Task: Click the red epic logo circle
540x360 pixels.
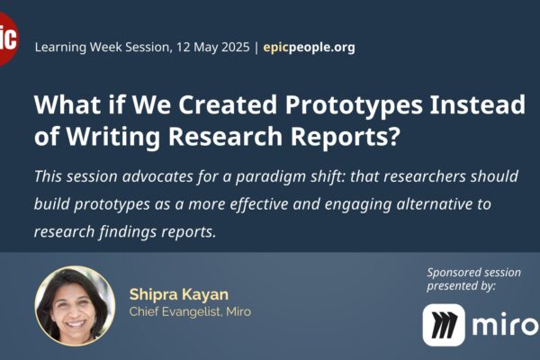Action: point(7,39)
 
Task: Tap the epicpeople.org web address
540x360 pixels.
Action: point(309,47)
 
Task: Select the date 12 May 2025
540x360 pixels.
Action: point(212,47)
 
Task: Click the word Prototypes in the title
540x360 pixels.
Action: point(354,105)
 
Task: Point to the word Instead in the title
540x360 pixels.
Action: point(478,104)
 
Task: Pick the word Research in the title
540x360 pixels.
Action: point(225,136)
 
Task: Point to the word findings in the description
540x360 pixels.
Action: point(127,231)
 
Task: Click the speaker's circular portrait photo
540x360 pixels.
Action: point(75,306)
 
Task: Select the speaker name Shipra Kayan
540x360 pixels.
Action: point(179,294)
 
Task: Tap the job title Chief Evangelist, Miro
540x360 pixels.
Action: point(190,311)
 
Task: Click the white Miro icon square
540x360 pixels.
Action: point(444,325)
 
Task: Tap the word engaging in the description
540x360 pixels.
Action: point(358,204)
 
